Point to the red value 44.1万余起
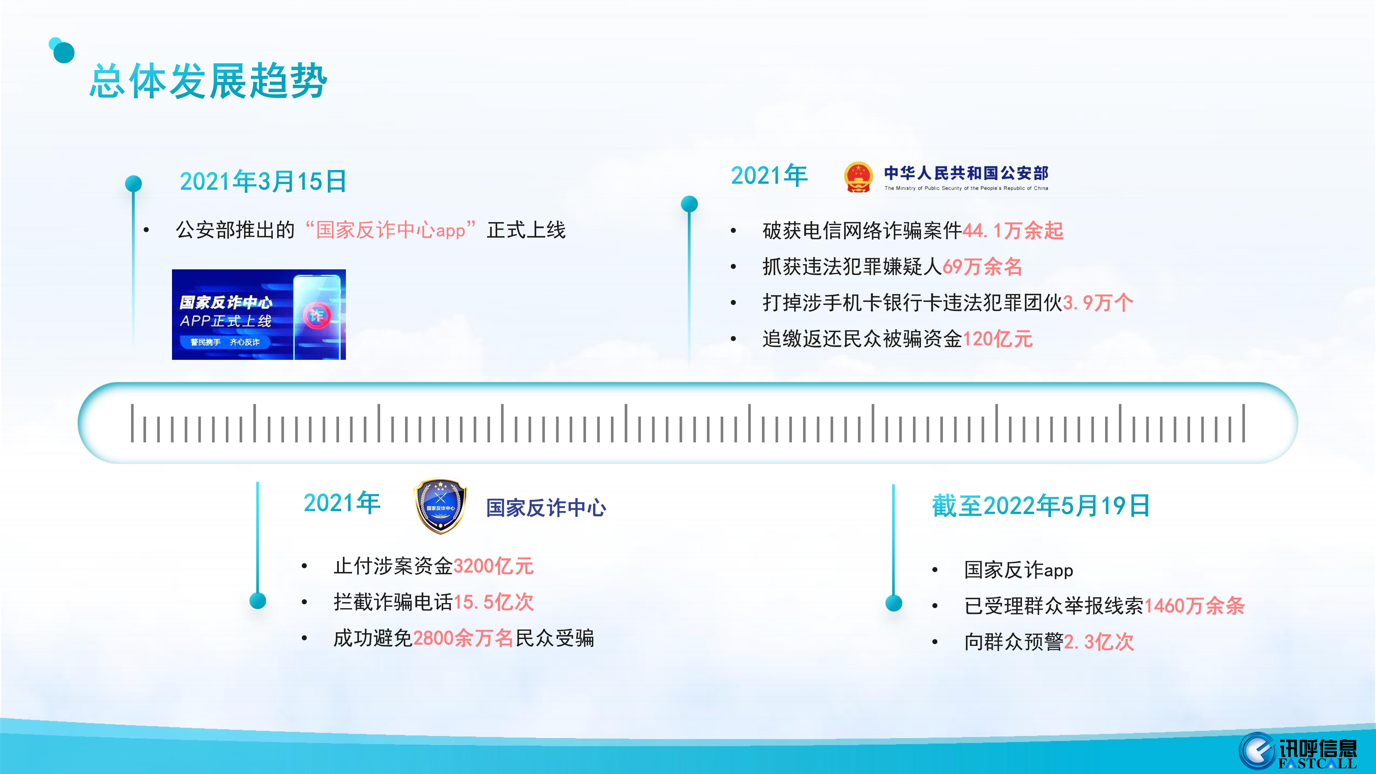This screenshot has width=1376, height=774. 1013,231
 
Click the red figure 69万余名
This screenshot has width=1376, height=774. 982,267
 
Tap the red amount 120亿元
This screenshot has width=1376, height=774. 997,339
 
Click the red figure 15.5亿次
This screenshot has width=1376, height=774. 493,602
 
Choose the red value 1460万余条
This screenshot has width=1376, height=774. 1194,606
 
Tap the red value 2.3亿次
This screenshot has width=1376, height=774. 1099,642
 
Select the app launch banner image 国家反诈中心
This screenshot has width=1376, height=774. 259,315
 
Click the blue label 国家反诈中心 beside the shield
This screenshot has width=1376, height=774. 546,507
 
